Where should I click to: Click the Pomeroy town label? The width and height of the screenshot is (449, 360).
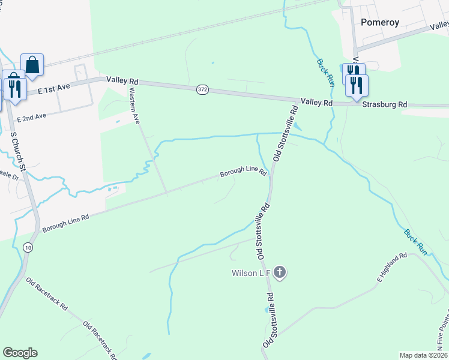[x=380, y=22]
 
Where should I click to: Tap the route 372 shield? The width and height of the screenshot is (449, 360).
[x=202, y=89]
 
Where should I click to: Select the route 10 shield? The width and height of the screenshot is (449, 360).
[x=28, y=247]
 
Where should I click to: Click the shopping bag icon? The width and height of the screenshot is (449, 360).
[x=32, y=65]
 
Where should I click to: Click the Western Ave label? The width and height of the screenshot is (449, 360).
[x=134, y=106]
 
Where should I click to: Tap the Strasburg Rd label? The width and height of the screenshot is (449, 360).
[x=385, y=104]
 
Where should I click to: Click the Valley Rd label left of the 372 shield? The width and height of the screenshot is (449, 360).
[x=122, y=80]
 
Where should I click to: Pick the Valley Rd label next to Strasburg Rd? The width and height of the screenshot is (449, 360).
[x=316, y=103]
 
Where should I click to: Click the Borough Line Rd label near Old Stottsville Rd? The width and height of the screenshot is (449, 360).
[x=243, y=172]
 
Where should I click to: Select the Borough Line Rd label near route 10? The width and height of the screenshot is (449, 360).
[x=65, y=222]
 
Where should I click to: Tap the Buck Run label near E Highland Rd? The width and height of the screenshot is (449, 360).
[x=415, y=242]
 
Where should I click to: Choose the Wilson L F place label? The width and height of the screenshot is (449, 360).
[x=250, y=273]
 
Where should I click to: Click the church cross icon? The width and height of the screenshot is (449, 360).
[x=279, y=273]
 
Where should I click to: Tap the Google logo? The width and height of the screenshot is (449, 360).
[x=20, y=353]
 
